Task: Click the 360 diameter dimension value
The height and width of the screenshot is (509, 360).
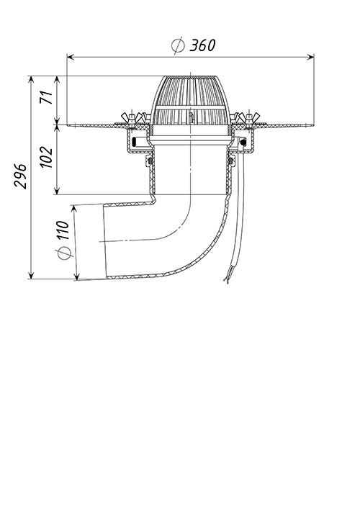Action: coord(202,45)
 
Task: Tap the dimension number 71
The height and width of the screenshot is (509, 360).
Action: coord(46,97)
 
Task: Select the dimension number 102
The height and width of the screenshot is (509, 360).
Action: coord(46,157)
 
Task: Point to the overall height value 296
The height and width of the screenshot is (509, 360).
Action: coord(20,176)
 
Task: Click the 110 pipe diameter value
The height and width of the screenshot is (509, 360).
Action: coord(62,230)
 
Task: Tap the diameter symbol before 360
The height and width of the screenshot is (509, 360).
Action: coord(178,45)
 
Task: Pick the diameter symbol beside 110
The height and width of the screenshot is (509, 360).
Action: coord(65,253)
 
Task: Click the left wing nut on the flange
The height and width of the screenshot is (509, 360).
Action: coord(132,118)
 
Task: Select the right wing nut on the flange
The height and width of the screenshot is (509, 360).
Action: coord(249,117)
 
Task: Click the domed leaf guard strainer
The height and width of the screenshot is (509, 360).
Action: coord(190,101)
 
